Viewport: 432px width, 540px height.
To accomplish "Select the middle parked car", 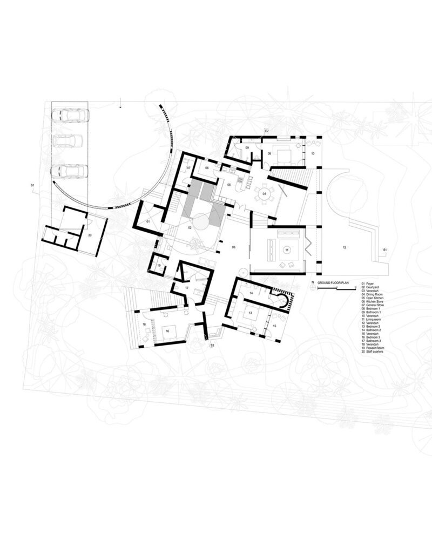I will (x=67, y=141).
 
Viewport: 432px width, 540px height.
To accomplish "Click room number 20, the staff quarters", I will (x=90, y=235).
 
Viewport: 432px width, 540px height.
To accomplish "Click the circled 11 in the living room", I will (x=287, y=249).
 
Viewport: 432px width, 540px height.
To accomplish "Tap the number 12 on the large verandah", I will (x=344, y=247).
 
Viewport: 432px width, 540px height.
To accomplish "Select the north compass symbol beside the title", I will (x=313, y=288).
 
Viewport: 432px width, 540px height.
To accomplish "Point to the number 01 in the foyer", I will (x=147, y=222).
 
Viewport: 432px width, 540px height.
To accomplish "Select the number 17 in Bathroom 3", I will (x=187, y=288).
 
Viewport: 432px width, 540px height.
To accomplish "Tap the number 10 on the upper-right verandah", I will (x=312, y=154).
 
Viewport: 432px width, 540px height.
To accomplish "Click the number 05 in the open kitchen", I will (x=229, y=185).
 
